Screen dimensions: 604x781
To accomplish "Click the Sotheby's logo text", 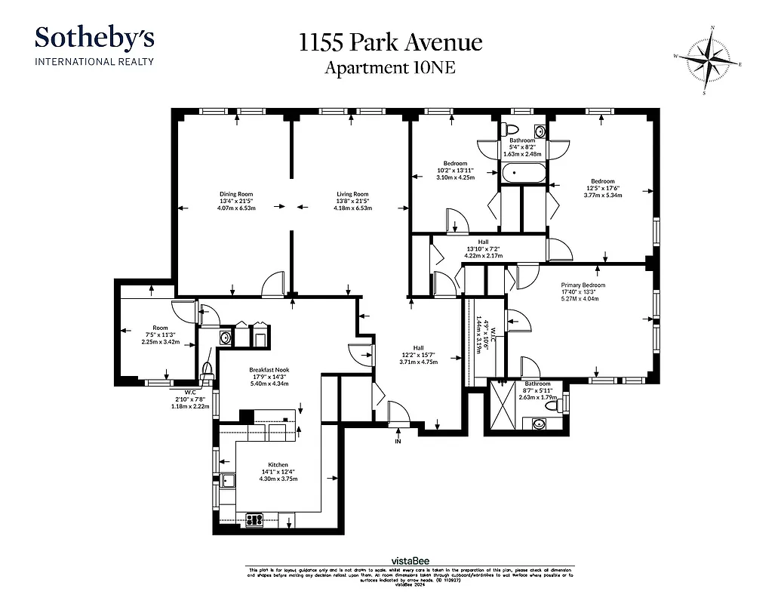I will pyautogui.click(x=94, y=38).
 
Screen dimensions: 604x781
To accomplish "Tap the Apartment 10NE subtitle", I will pyautogui.click(x=390, y=68).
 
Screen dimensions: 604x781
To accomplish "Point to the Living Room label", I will pyautogui.click(x=352, y=194).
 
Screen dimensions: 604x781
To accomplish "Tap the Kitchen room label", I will pyautogui.click(x=278, y=465).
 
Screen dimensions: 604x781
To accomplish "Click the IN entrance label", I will pyautogui.click(x=398, y=441).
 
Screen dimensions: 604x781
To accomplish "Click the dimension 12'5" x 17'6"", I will pyautogui.click(x=602, y=188).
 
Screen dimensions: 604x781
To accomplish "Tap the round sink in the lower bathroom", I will pyautogui.click(x=539, y=423).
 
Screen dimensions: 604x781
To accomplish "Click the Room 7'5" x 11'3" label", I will pyautogui.click(x=158, y=328).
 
